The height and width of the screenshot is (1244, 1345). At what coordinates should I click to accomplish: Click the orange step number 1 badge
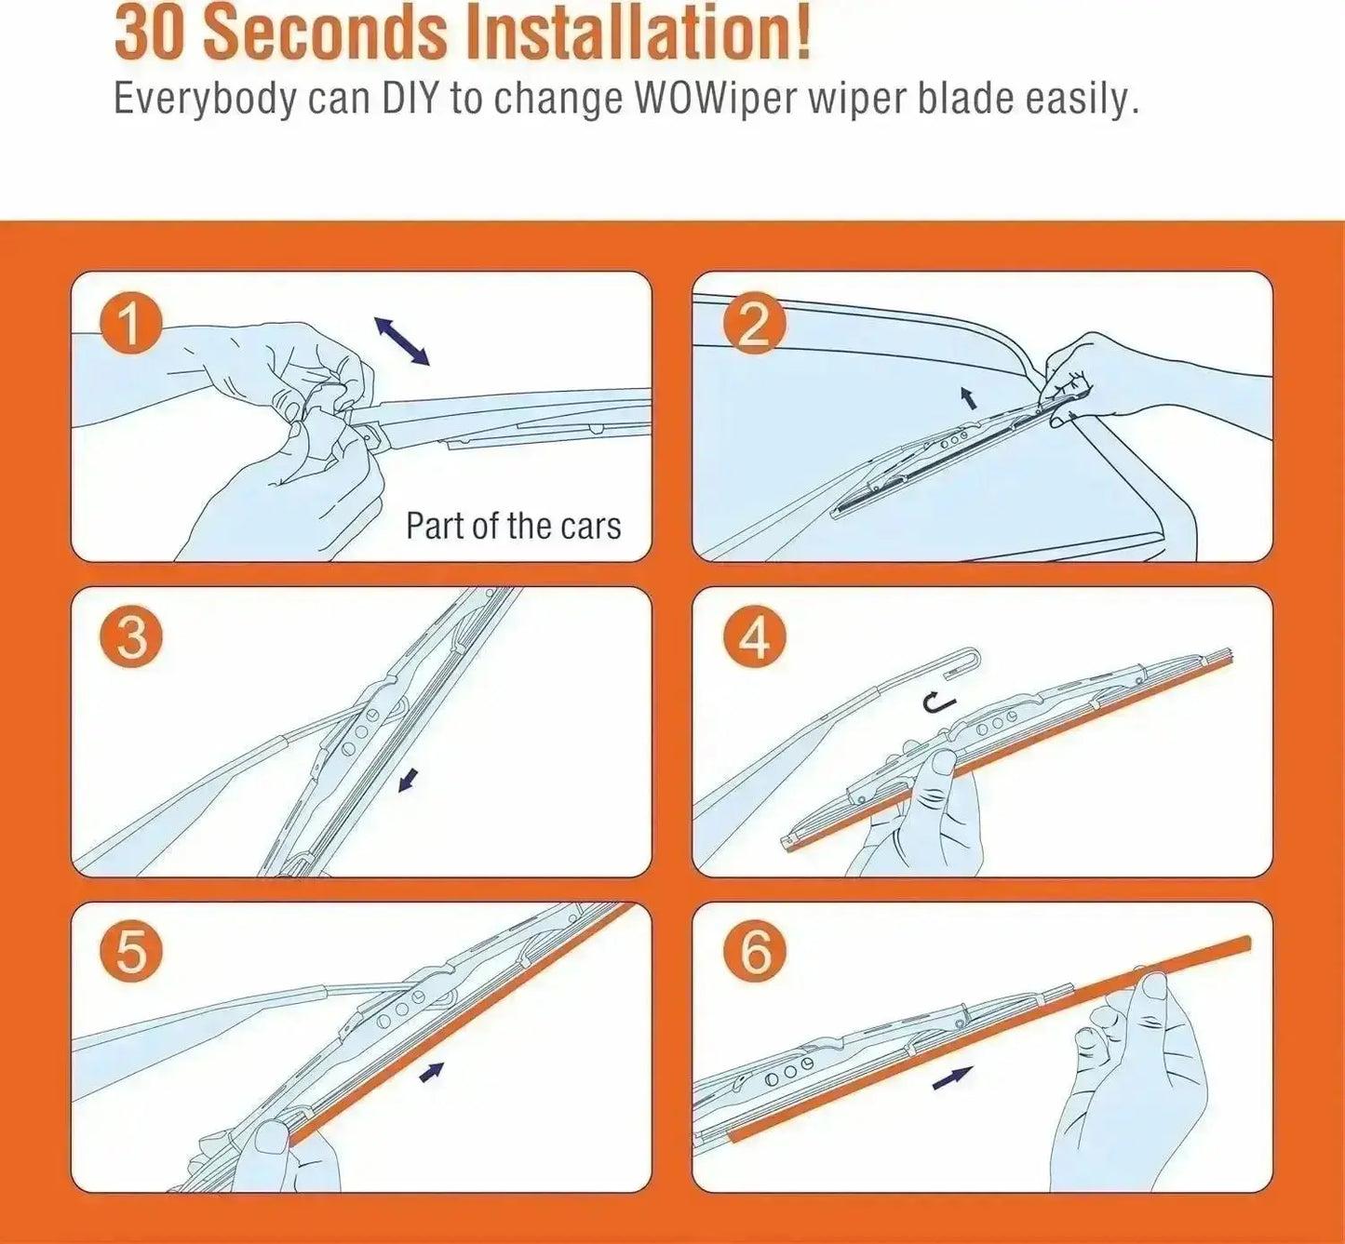[x=131, y=324]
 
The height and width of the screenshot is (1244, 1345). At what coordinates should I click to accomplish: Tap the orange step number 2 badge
[x=755, y=324]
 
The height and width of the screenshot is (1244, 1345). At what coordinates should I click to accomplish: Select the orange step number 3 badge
[x=131, y=638]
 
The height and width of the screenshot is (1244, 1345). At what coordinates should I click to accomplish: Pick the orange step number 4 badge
[x=755, y=638]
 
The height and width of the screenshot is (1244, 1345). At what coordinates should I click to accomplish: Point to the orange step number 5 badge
[x=131, y=954]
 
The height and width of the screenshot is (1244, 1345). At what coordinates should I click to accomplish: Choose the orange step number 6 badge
[x=755, y=954]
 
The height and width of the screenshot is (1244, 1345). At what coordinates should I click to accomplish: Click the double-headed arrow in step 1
[x=401, y=341]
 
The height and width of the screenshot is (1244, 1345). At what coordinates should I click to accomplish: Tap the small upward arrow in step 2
[x=970, y=397]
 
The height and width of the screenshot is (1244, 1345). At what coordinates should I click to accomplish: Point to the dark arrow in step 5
[x=432, y=1073]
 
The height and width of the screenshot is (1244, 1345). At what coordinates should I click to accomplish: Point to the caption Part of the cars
[x=514, y=526]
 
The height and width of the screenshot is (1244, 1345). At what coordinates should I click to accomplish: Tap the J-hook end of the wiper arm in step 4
[x=967, y=661]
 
